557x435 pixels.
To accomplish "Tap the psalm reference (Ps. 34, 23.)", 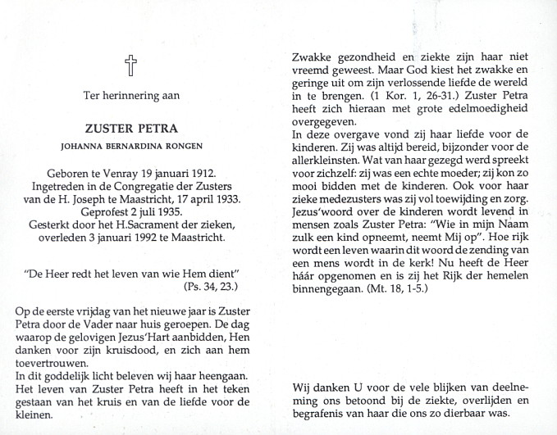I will click(208, 286).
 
